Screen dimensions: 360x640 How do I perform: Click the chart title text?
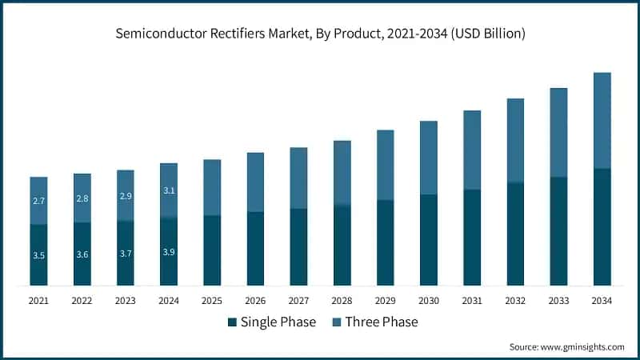[x=320, y=34]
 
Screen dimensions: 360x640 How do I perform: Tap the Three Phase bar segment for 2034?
[x=602, y=120]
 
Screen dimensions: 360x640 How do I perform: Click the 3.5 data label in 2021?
[x=38, y=255]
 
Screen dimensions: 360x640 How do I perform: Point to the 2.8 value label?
[x=82, y=198]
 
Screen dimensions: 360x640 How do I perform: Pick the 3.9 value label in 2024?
[x=169, y=252]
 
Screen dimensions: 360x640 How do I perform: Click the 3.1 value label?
[x=169, y=190]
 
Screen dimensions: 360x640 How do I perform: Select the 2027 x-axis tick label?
[x=298, y=301]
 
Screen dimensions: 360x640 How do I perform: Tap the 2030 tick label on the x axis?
[x=429, y=301]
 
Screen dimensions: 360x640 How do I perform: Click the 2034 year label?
[x=602, y=301]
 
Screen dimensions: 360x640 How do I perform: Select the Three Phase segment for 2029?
[x=385, y=165]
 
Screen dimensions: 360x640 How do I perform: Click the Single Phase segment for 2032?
[x=515, y=234]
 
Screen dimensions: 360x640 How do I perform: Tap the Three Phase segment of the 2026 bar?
[x=255, y=182]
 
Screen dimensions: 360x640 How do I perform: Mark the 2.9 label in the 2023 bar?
[x=126, y=195]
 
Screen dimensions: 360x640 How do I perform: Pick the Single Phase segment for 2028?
[x=342, y=245]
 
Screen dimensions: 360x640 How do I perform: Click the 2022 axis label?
[x=82, y=301]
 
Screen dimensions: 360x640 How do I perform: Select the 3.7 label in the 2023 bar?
[x=126, y=254]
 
